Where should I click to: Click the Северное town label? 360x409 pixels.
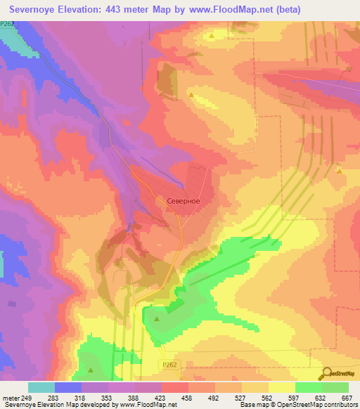click(184, 201)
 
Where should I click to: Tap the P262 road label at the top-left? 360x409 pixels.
click(8, 24)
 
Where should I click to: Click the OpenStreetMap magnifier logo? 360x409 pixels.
click(326, 373)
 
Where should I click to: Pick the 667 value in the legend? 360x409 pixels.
click(346, 397)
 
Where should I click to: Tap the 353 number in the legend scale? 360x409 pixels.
click(105, 397)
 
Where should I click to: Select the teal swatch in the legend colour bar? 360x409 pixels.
click(41, 387)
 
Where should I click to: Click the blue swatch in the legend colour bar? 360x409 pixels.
click(68, 387)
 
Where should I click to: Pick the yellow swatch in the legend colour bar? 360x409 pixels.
click(282, 387)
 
